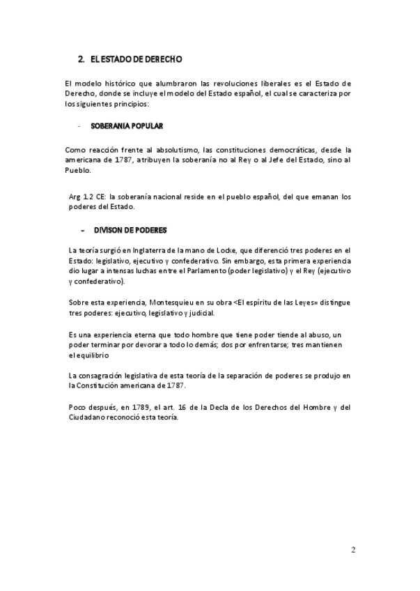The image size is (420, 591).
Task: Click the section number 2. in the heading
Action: pyautogui.click(x=81, y=60)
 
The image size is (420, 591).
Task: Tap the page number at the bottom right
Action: pyautogui.click(x=353, y=550)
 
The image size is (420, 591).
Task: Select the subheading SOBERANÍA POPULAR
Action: pyautogui.click(x=127, y=126)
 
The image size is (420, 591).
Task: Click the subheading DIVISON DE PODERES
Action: pyautogui.click(x=130, y=230)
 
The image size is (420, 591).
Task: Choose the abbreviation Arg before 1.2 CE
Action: pyautogui.click(x=75, y=197)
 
